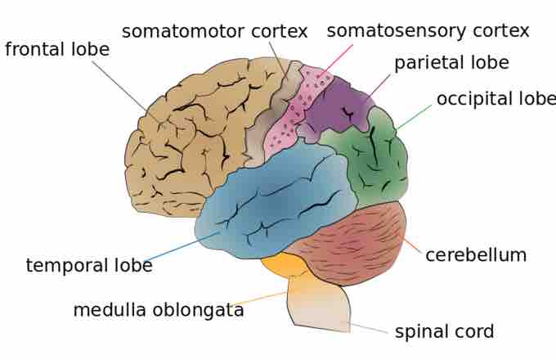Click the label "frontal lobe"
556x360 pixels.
click(x=57, y=49)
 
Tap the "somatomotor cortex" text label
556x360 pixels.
click(x=214, y=32)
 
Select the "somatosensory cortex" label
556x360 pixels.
click(x=428, y=31)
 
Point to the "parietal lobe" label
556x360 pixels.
click(x=451, y=63)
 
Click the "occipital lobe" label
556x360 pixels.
click(x=495, y=99)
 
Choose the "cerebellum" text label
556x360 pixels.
click(x=476, y=255)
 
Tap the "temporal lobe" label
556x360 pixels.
click(x=89, y=266)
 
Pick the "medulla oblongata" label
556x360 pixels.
click(x=159, y=311)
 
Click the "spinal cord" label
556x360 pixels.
click(x=444, y=332)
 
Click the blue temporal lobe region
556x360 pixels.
click(x=278, y=205)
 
